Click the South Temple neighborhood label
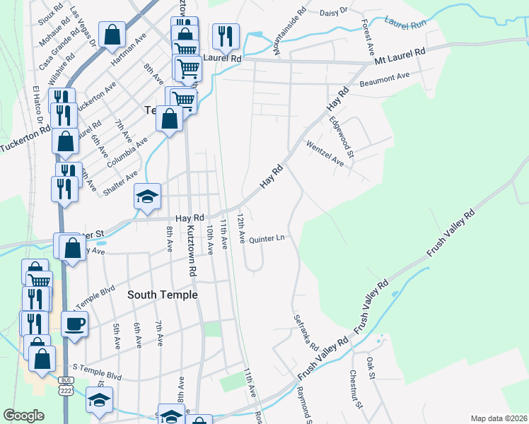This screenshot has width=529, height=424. coord(162,295)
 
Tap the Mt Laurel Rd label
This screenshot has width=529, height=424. coord(400,54)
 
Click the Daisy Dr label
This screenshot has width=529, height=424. coord(335,11)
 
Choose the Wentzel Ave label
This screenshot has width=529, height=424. coord(325,154)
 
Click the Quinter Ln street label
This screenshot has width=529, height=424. coord(267,237)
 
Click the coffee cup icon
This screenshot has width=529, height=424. coord(75,324)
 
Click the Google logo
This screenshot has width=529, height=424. coord(23,416)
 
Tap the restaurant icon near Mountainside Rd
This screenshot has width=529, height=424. coord(226,35)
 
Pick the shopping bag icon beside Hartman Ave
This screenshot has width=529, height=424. coord(112,35)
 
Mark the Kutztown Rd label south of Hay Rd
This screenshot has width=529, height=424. coord(191,251)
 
